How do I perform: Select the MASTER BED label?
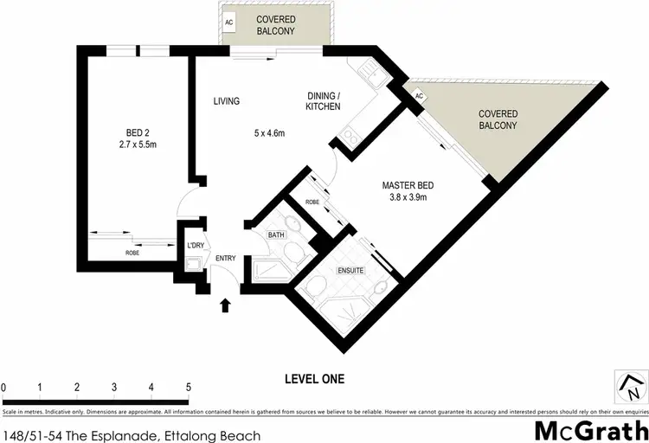[x=408, y=185]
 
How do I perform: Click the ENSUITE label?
[x=350, y=271]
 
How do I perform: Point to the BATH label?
[x=276, y=234]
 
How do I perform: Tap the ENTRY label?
[x=226, y=258]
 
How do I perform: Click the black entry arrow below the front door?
[x=227, y=305]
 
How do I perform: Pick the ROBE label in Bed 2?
[x=132, y=254]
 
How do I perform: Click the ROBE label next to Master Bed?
[x=312, y=202]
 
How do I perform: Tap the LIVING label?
[x=226, y=101]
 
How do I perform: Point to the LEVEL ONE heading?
[x=315, y=379]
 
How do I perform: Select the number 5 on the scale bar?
[x=188, y=387]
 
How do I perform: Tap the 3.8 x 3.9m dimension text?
[x=408, y=198]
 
